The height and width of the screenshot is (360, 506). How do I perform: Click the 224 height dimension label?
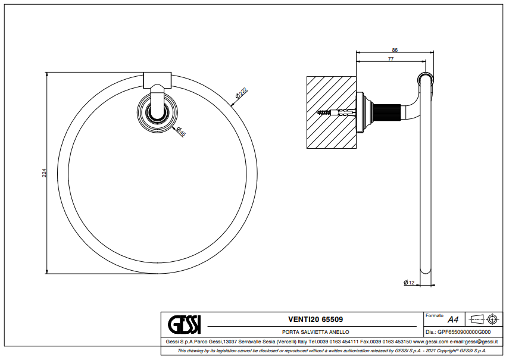pos(44,173)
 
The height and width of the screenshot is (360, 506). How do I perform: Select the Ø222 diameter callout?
pos(240,92)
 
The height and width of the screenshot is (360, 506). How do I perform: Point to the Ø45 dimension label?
pos(181,132)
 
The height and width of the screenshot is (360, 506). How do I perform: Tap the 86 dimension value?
pos(395,50)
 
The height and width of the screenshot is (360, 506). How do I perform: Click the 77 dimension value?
pos(391,58)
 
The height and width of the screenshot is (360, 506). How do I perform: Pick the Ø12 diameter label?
pos(409,282)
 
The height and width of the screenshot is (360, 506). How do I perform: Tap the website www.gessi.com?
pos(430,342)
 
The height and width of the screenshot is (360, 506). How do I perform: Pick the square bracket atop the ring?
pos(157,79)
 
